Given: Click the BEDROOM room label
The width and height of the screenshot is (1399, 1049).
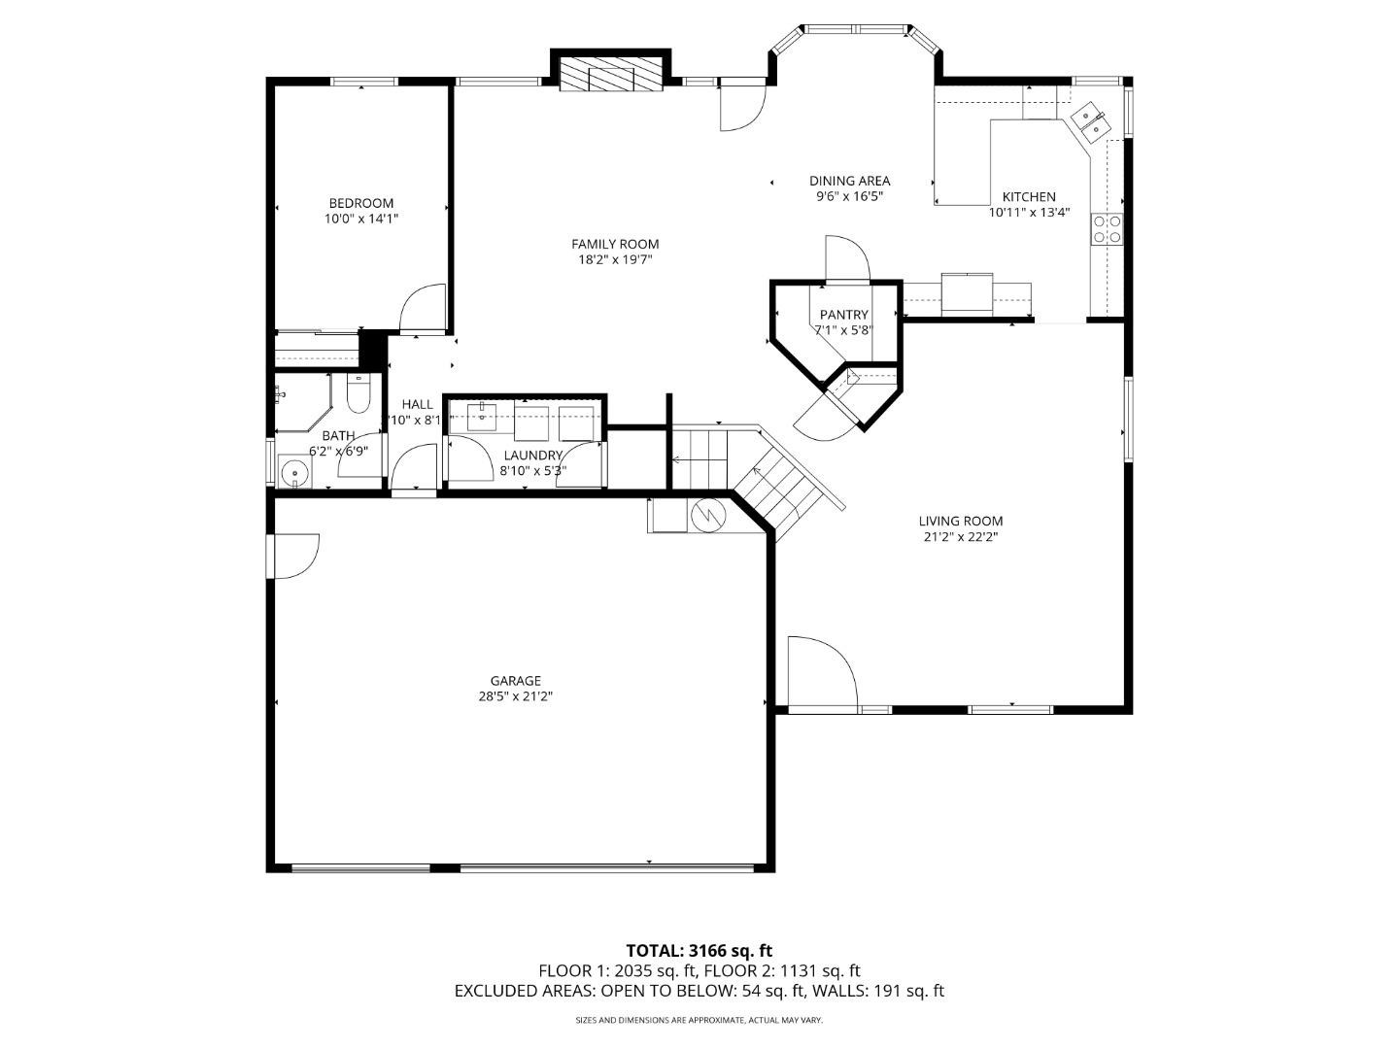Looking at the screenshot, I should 361,203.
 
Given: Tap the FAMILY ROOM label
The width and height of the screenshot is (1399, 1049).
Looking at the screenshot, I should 615,244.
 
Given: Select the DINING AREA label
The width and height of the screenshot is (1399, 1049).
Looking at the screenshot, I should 849,181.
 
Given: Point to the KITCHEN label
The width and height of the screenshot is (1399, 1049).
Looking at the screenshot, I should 1029,196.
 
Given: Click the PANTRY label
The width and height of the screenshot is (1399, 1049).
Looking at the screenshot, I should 843,315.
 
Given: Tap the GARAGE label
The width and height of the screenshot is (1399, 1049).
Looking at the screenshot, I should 515,681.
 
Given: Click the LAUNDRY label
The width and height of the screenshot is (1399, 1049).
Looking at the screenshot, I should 532,456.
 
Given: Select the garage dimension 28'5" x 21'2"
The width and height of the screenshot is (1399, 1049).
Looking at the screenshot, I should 515,696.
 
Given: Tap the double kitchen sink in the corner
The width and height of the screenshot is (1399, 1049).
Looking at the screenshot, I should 1089,121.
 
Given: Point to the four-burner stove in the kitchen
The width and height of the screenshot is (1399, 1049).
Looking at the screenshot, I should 1108,228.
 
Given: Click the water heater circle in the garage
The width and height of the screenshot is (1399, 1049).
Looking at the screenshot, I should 706,515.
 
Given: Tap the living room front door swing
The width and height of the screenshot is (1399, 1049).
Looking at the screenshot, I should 820,672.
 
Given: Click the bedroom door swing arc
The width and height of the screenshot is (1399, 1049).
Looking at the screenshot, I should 424,307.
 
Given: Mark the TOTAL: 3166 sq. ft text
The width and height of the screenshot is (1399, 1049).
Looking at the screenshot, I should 699,950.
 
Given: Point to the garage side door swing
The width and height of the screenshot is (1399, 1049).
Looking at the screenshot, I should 296,555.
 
